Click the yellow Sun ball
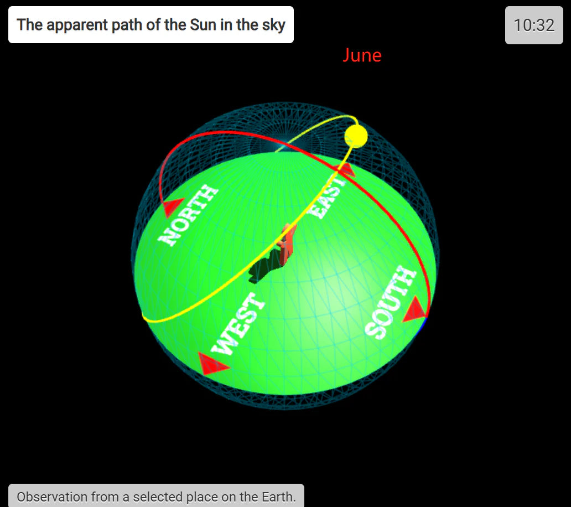pos(356,136)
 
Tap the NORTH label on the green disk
pos(188,215)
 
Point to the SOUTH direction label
pos(391,302)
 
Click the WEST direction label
pos(238,323)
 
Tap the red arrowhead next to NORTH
pos(173,207)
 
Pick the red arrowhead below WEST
pos(212,364)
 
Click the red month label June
pos(362,55)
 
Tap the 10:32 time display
pos(534,25)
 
